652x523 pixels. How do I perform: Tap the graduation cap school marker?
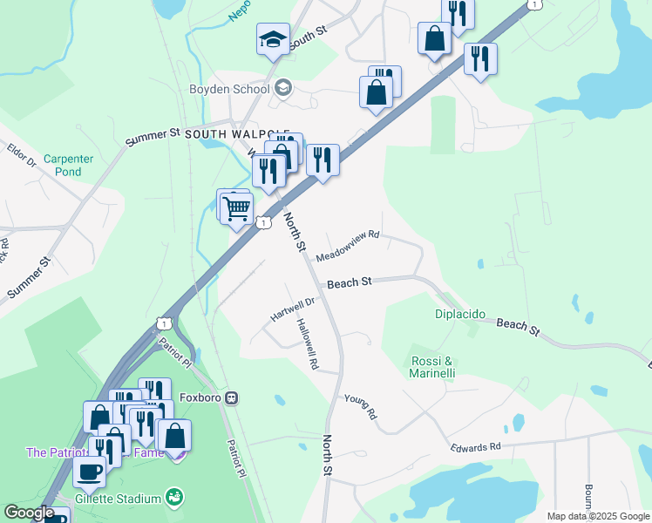click(273, 39)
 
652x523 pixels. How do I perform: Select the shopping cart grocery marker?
click(236, 208)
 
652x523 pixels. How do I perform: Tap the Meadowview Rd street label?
click(348, 247)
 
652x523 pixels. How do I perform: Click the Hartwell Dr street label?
click(291, 309)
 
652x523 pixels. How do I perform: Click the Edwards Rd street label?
click(475, 447)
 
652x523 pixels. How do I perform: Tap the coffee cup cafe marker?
click(88, 472)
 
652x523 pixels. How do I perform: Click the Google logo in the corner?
click(28, 513)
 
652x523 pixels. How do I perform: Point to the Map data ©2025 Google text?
click(598, 516)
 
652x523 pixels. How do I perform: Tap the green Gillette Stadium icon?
click(173, 498)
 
